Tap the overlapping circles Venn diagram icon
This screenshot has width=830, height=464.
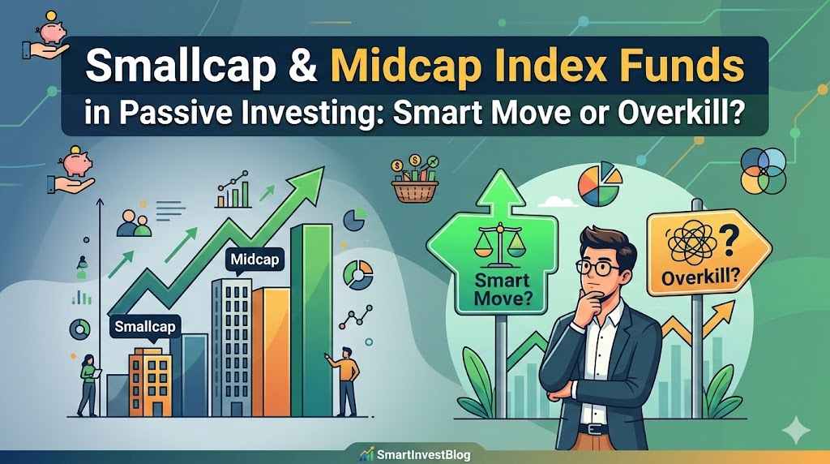tap(764, 171)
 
